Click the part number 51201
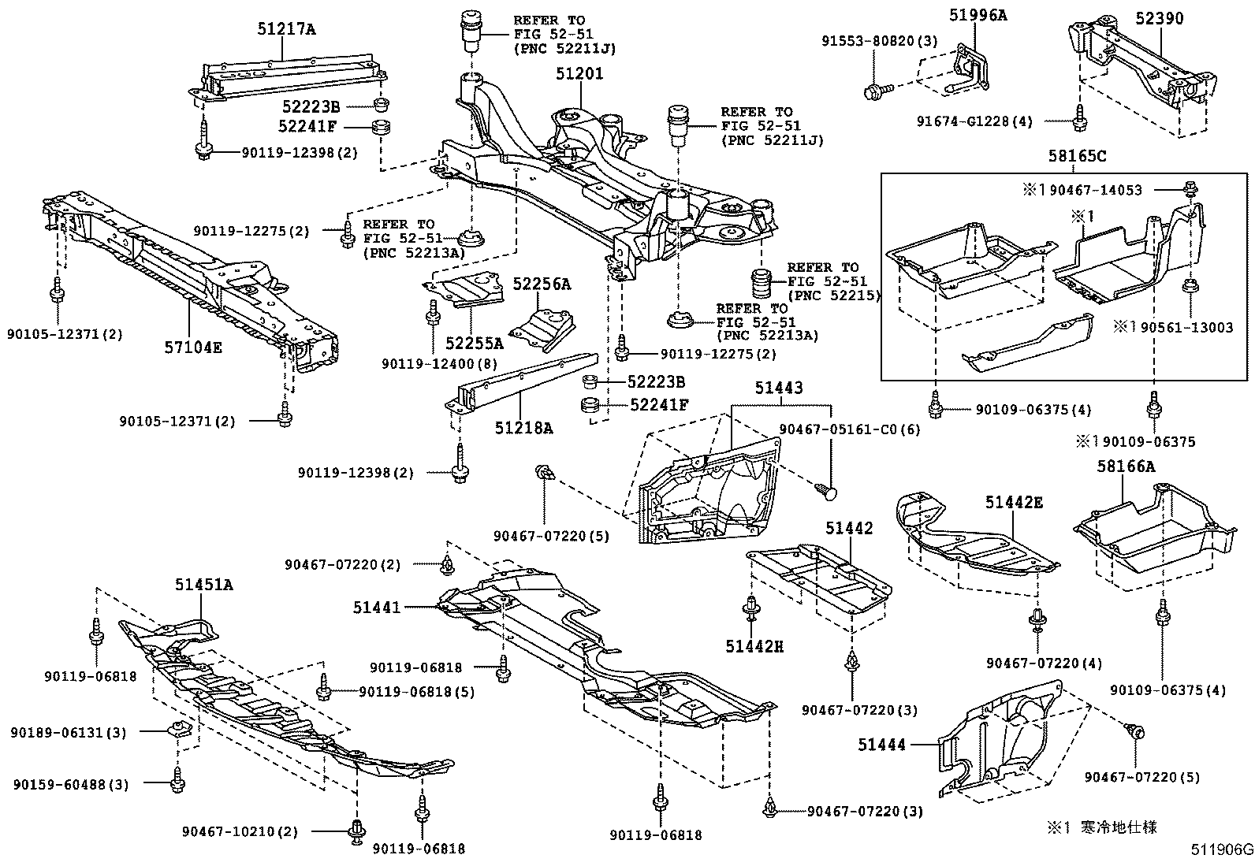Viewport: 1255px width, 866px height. tap(579, 74)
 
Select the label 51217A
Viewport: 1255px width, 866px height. tap(285, 30)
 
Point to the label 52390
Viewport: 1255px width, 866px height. tap(1159, 18)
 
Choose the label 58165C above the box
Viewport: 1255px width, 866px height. tap(1076, 157)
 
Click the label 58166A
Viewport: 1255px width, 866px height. tap(1126, 466)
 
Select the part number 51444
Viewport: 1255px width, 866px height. tap(883, 744)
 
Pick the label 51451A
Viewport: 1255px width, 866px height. tap(203, 585)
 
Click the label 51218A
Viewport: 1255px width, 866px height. tap(523, 427)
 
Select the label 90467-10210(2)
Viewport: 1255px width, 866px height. tap(240, 831)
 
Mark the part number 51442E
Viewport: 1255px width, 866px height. tap(1013, 503)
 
